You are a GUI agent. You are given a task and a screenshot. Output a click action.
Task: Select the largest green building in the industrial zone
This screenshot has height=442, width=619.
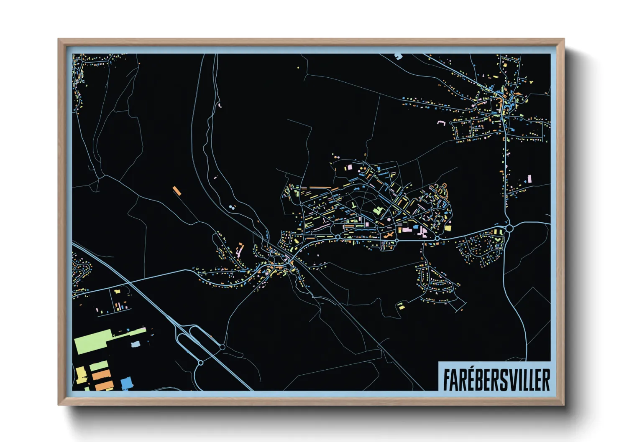93,342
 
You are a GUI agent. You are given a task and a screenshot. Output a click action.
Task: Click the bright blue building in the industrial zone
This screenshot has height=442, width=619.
126,383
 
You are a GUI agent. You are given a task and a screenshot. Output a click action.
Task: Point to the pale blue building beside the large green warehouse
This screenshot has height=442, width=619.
135,345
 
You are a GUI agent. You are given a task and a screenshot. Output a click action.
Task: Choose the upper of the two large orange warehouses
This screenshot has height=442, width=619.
101,375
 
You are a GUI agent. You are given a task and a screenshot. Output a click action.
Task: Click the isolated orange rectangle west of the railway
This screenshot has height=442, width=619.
177,191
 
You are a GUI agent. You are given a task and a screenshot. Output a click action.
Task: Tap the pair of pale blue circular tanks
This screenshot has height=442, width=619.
232,207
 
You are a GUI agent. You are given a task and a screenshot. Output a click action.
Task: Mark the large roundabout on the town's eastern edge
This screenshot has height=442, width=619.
509,228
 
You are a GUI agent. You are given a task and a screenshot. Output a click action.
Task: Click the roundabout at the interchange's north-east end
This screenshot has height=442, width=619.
223,347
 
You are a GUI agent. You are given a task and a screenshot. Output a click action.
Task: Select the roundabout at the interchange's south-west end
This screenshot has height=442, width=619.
200,363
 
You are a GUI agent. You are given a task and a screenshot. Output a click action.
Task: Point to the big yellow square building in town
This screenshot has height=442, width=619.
448,228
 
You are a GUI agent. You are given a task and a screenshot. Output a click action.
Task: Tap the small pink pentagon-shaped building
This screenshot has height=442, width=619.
389,219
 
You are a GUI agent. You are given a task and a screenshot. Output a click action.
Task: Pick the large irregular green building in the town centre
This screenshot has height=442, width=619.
379,211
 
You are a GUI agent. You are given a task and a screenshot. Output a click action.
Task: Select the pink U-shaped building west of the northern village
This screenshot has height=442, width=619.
440,123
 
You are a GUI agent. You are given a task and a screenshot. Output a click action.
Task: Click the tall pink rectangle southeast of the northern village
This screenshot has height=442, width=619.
529,179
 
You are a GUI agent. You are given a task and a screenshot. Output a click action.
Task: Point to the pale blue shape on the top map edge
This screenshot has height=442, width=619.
398,56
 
